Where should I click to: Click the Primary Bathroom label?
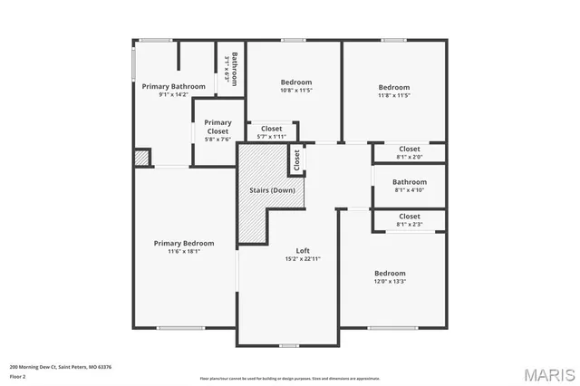(166, 86)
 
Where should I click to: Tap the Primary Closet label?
(217, 122)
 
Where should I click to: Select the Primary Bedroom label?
(184, 243)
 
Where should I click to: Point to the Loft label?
(304, 250)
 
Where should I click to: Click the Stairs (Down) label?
(272, 190)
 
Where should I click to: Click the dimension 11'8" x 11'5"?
(394, 95)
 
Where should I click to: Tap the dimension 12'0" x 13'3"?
(390, 281)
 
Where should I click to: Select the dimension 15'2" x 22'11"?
(304, 258)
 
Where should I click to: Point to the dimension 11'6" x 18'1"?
(184, 251)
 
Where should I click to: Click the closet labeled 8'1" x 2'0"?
(410, 152)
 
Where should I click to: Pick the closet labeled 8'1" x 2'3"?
(410, 220)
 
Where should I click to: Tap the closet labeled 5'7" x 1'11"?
(271, 132)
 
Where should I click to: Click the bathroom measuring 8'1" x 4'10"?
(410, 186)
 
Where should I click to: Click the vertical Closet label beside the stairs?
(296, 160)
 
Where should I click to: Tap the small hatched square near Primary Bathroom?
(140, 158)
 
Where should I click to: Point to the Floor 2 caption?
(18, 375)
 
